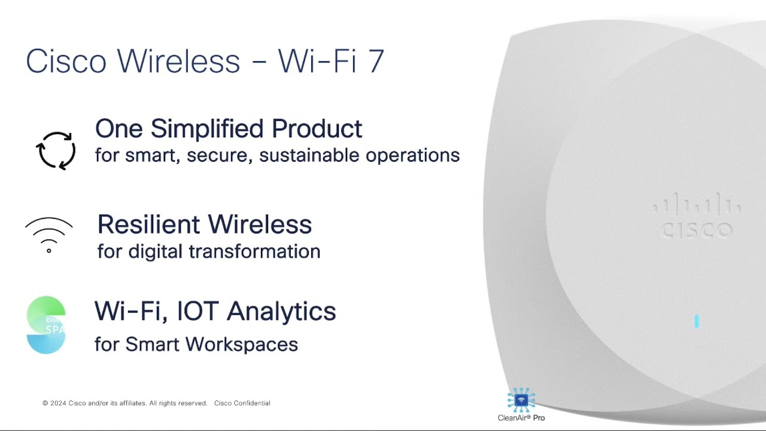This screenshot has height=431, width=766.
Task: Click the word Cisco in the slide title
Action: click(66, 61)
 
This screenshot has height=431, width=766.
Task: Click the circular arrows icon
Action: click(56, 150)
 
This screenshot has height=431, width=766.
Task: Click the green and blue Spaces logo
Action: click(46, 324)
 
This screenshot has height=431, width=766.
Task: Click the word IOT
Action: click(193, 311)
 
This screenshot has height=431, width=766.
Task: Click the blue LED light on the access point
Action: click(697, 321)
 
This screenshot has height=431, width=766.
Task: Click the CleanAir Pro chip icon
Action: click(521, 400)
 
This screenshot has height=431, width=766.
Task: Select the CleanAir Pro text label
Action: click(521, 418)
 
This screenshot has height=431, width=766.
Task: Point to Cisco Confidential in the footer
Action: click(242, 403)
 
